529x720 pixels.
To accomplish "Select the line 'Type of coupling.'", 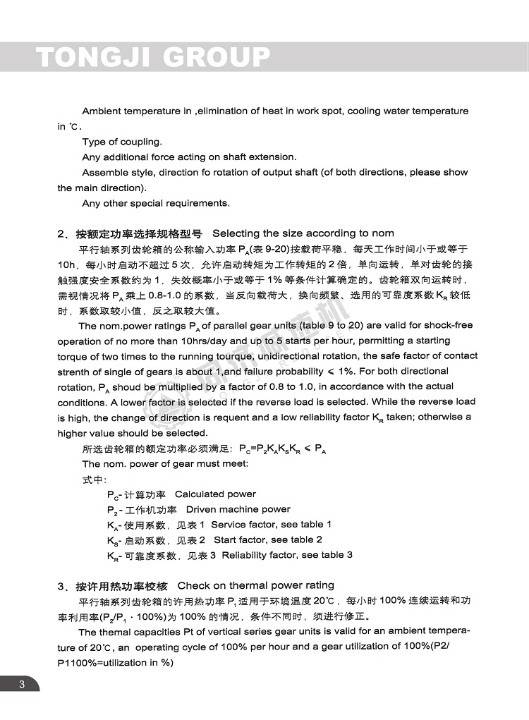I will point(121,142).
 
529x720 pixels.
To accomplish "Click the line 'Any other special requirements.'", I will point(155,203).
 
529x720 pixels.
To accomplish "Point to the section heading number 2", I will point(61,233).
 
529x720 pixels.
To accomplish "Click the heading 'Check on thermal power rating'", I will point(256,585).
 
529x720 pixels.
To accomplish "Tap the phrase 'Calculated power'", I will point(215,494).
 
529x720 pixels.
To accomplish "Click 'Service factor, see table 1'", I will point(271,525).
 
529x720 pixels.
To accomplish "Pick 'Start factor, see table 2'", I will point(268,539).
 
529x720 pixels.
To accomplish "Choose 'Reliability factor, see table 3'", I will point(287,555).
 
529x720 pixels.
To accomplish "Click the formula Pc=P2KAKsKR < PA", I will point(282,449).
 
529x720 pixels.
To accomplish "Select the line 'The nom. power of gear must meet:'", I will point(165,464).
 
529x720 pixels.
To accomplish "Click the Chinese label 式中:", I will point(93,480).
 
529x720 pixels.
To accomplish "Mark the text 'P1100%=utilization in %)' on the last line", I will point(115,662).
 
